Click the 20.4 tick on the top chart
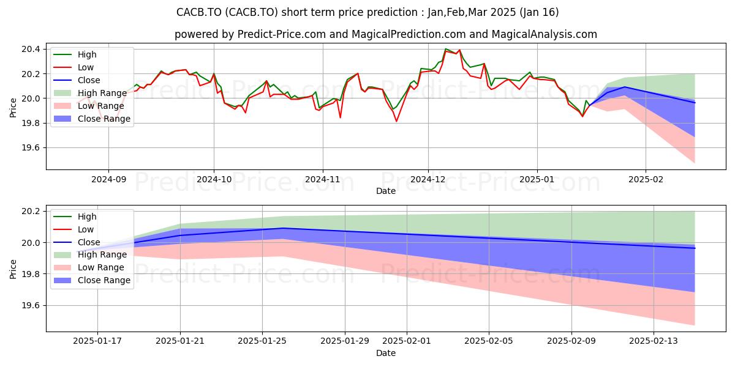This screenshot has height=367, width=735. pos(31,49)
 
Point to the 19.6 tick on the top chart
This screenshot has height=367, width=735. pos(31,148)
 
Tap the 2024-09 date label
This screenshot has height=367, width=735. pos(108,180)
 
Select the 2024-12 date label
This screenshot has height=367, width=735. pos(428,180)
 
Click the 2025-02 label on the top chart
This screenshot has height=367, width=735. pos(646,180)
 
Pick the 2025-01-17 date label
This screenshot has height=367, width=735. pos(97,341)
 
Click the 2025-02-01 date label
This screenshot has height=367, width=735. pos(407,341)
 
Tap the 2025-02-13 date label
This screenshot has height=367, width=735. pos(654,341)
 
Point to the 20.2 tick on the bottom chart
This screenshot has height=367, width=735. pos(31,212)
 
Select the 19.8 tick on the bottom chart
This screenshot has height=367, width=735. pos(31,274)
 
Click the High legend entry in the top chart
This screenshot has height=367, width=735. pos(87,54)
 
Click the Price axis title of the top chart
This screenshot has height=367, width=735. pos(13,108)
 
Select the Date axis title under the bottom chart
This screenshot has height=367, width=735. pos(386,353)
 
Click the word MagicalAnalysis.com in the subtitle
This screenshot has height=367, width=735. pos(544,34)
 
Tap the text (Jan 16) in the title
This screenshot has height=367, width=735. pos(539,12)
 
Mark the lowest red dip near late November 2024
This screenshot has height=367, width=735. pos(396,122)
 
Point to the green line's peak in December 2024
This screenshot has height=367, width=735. pos(445,49)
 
